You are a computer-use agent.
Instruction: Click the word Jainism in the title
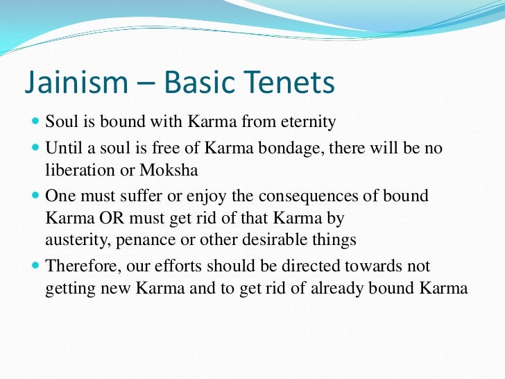click(71, 83)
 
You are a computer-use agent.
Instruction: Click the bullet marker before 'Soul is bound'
click(36, 123)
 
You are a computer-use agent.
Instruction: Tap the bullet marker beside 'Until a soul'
click(36, 149)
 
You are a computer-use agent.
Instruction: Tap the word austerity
click(73, 241)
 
